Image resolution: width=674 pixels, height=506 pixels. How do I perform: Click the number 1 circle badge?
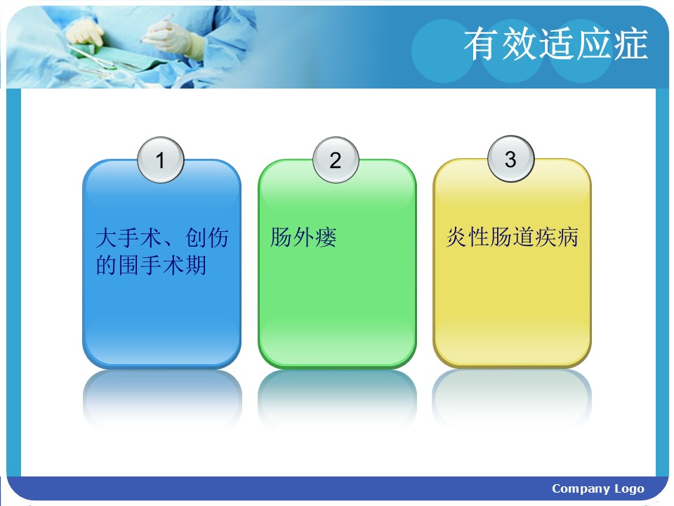coord(161,160)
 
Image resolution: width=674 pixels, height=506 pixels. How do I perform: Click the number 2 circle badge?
coord(336,160)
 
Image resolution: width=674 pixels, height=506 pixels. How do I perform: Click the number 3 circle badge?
coord(510,159)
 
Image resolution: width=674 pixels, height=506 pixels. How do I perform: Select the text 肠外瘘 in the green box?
coord(303,237)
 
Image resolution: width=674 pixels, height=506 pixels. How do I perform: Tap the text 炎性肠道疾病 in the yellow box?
coord(513,237)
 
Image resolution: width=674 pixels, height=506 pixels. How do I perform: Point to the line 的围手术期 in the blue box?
coord(151,265)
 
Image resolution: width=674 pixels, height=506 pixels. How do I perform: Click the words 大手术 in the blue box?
coord(128,238)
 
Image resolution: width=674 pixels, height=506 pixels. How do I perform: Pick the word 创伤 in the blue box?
coord(206,238)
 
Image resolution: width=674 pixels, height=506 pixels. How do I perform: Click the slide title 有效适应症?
coord(556,44)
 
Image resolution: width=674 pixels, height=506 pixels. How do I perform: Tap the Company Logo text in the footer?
coord(598,489)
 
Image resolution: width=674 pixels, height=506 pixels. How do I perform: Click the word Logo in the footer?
coord(629,489)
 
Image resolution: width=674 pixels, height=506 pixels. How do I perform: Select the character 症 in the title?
coord(630,44)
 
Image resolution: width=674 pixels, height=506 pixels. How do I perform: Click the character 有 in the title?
coord(481,44)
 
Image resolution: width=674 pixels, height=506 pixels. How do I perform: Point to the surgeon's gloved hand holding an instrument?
coord(170,37)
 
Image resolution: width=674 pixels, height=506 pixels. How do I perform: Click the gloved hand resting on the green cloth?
coord(86,34)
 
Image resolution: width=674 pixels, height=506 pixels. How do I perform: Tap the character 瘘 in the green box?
coord(326,237)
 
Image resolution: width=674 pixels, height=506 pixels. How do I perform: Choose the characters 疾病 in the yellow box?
coord(557,237)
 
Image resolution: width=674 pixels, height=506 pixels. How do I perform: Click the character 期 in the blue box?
coord(196,265)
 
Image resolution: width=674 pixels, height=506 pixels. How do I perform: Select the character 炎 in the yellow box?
coord(457,237)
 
